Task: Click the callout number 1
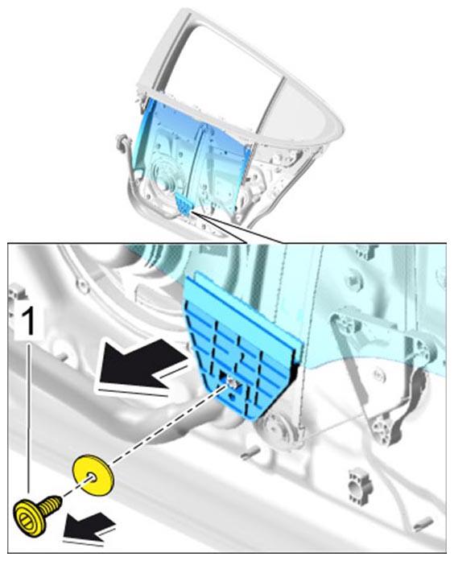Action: [29, 321]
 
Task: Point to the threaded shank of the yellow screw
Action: [52, 504]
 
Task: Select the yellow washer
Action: [93, 476]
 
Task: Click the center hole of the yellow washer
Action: [92, 477]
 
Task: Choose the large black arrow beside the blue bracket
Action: [141, 369]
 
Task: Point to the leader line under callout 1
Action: [29, 419]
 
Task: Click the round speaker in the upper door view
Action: [163, 177]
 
